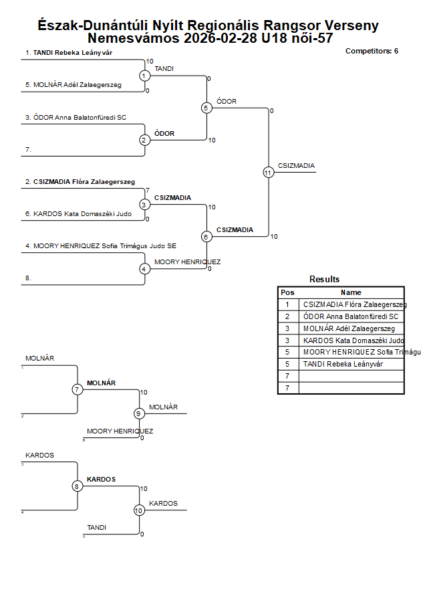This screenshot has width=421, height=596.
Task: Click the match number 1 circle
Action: pyautogui.click(x=144, y=76)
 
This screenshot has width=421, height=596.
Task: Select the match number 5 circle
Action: pyautogui.click(x=206, y=108)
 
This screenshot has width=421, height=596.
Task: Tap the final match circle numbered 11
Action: pyautogui.click(x=269, y=173)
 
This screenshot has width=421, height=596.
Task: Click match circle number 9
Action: pyautogui.click(x=139, y=413)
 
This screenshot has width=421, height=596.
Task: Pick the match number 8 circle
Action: pyautogui.click(x=78, y=486)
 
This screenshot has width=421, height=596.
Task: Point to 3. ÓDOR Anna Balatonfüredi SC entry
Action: pyautogui.click(x=76, y=117)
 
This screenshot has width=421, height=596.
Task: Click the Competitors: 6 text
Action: pyautogui.click(x=372, y=51)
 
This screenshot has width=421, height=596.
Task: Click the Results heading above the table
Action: pyautogui.click(x=324, y=280)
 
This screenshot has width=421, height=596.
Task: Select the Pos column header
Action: pyautogui.click(x=288, y=292)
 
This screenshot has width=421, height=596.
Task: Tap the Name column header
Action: pyautogui.click(x=351, y=292)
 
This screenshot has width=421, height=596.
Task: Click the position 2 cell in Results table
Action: pyautogui.click(x=288, y=316)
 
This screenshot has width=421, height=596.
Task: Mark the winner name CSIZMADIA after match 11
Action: pyautogui.click(x=296, y=166)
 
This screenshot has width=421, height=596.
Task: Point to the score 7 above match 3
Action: pyautogui.click(x=147, y=191)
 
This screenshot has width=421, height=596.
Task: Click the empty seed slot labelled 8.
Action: pyautogui.click(x=28, y=278)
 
